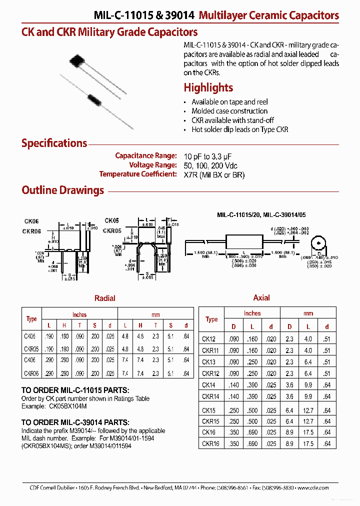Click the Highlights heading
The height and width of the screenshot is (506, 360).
point(208,88)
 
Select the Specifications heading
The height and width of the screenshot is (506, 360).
point(54,143)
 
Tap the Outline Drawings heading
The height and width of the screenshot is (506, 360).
point(62,190)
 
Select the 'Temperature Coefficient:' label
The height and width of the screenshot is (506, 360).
point(138,174)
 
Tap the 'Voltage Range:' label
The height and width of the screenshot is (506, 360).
point(152,165)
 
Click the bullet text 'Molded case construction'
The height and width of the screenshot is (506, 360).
point(229,111)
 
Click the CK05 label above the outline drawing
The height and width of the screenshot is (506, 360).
point(111,220)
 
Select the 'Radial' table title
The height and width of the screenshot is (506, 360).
point(105,298)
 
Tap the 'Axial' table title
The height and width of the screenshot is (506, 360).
point(261,298)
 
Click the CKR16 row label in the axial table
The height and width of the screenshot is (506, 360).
point(211,443)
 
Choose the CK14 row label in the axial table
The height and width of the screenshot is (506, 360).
point(209,385)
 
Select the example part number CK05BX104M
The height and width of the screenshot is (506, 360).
point(62,406)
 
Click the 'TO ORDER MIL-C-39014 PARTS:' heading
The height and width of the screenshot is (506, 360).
point(75,422)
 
